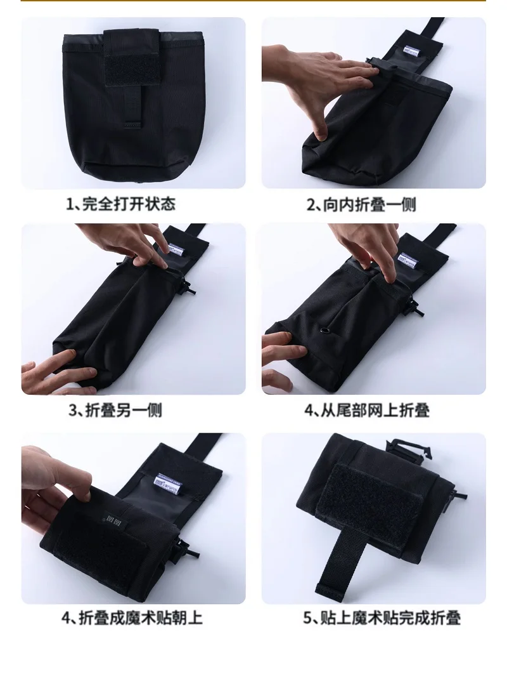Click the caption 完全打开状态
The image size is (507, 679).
(x=129, y=204)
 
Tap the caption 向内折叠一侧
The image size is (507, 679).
(x=369, y=204)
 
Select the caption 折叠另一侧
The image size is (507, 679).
(x=124, y=410)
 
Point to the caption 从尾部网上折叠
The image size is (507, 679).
(x=375, y=410)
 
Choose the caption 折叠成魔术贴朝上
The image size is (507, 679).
(x=140, y=617)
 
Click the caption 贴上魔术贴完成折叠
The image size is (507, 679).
(x=389, y=617)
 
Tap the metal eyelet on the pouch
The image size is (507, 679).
(x=324, y=333)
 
